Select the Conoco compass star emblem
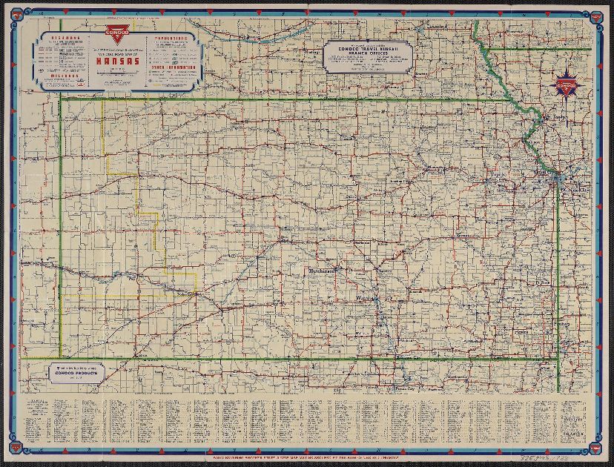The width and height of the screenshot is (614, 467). (x=567, y=84)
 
